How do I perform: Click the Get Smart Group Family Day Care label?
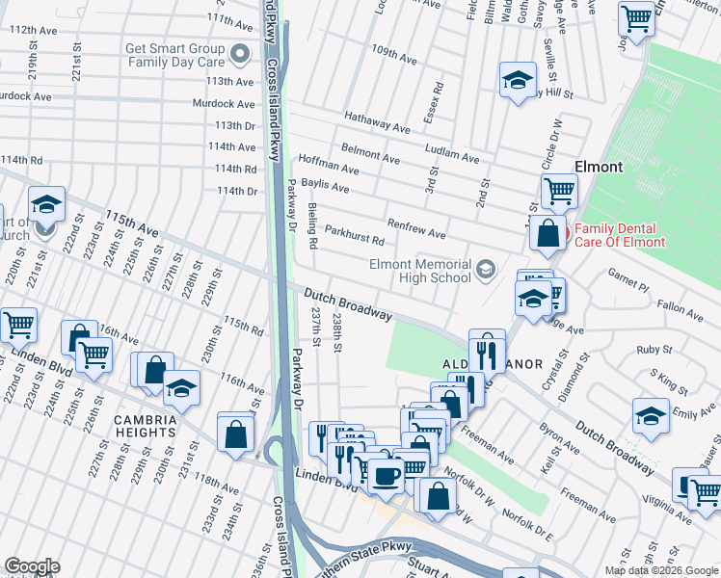click(x=176, y=57)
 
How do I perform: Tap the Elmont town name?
click(x=599, y=166)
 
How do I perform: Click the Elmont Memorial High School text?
click(x=419, y=271)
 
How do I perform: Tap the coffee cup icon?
click(x=387, y=475)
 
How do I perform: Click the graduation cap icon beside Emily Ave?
click(x=651, y=416)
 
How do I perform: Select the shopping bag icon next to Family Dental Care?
click(x=547, y=233)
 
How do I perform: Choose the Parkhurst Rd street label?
click(x=354, y=236)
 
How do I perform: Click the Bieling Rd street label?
click(x=312, y=227)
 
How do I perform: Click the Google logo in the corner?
click(x=31, y=566)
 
